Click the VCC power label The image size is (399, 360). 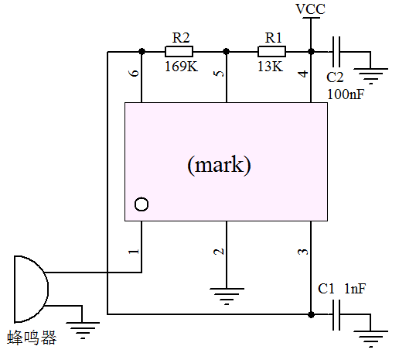[x=311, y=9]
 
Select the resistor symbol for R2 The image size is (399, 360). [x=179, y=52]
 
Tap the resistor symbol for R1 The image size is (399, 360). [x=271, y=52]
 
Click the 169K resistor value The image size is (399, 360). [x=181, y=67]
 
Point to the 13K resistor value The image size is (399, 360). [x=270, y=67]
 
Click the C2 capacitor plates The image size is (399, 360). [x=336, y=52]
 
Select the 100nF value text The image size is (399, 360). [x=346, y=94]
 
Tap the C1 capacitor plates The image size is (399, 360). [x=336, y=315]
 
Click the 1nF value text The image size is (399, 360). [x=355, y=289]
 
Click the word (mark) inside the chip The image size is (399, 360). [x=219, y=165]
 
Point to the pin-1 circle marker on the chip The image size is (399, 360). [x=142, y=204]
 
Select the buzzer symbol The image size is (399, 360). [x=31, y=289]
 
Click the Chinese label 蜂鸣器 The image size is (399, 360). [x=32, y=338]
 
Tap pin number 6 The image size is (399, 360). [x=134, y=73]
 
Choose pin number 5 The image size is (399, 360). [x=219, y=74]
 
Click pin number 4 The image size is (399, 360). [x=303, y=74]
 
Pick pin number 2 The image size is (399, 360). [x=219, y=252]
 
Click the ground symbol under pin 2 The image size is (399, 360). [x=227, y=297]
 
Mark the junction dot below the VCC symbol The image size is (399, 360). [x=311, y=52]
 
